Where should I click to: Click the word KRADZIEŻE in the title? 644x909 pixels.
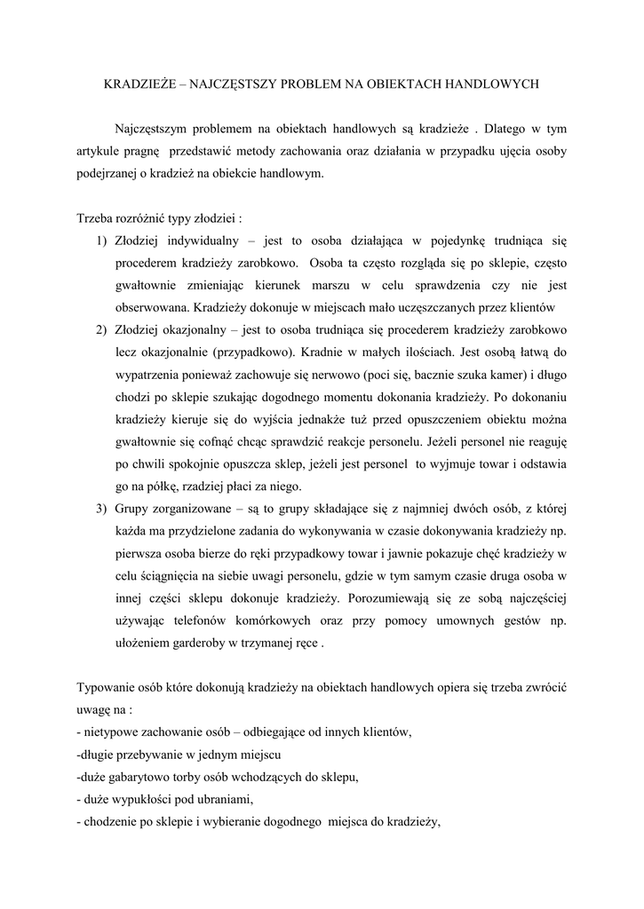click(x=139, y=84)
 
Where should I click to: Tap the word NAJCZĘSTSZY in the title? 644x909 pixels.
click(x=235, y=84)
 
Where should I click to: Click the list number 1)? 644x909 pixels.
click(x=100, y=241)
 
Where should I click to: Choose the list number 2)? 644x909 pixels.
click(x=100, y=330)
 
